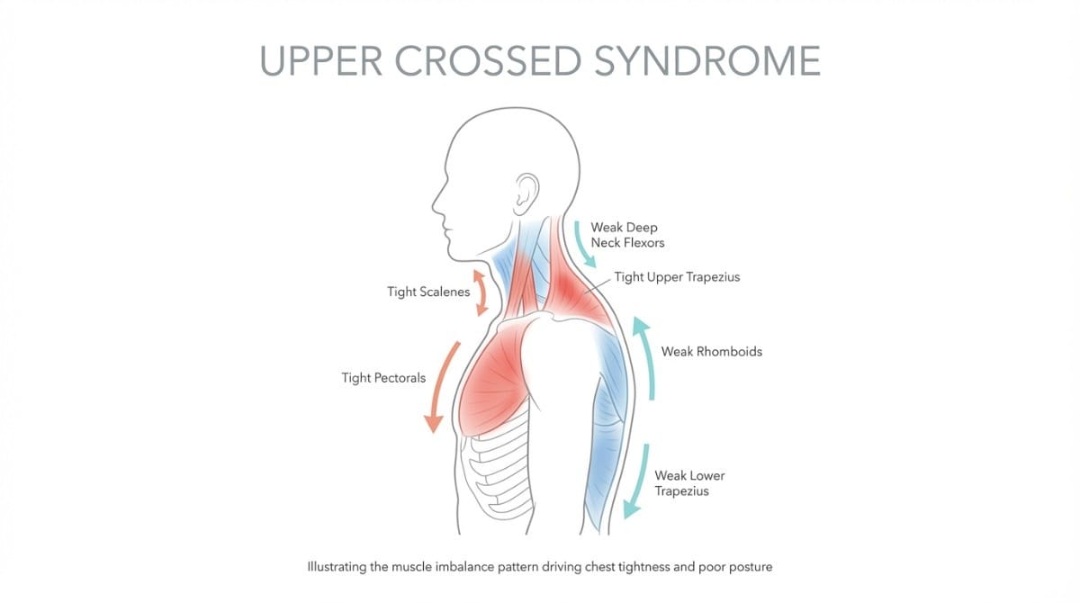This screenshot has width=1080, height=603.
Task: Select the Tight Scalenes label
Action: tap(428, 292)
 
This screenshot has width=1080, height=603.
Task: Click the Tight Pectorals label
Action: tap(383, 378)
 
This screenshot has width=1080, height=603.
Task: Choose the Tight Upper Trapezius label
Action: tap(677, 277)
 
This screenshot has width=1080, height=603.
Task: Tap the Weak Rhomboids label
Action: tap(711, 351)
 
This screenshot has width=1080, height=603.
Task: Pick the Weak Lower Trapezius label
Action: tap(689, 483)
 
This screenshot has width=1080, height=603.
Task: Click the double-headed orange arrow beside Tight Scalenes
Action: tap(480, 292)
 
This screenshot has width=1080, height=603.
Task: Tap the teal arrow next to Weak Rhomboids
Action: tap(645, 357)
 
